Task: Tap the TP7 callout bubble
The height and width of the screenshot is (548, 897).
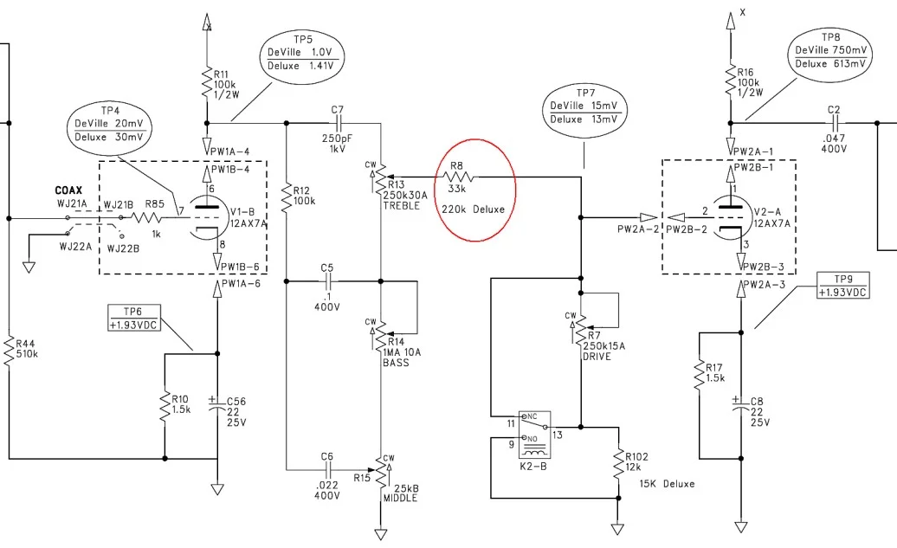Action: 586,106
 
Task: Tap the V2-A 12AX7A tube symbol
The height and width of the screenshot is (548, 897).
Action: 732,217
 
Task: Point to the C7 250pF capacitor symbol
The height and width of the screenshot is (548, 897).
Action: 337,122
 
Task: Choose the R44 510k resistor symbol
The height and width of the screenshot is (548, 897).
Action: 10,350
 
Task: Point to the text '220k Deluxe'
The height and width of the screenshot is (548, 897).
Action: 472,209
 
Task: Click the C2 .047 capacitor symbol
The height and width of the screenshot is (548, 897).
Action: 834,122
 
